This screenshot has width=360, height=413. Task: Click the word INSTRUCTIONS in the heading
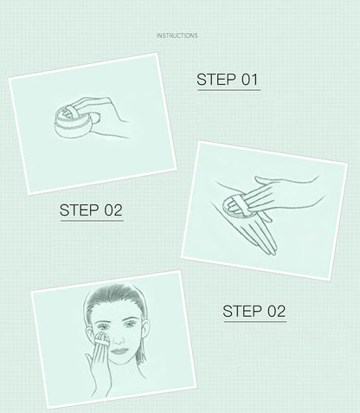point(177,35)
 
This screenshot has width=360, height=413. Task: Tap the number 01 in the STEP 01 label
point(249,80)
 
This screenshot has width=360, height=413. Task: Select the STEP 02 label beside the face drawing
point(254,311)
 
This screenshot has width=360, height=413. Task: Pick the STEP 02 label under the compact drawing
point(91,210)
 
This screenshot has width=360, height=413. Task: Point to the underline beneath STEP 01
point(229,90)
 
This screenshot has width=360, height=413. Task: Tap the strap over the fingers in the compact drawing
point(70,112)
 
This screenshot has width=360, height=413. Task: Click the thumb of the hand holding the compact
point(95,118)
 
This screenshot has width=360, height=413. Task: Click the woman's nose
point(118,339)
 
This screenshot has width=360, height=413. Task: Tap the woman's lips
point(119,352)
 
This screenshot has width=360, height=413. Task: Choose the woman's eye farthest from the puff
point(130,325)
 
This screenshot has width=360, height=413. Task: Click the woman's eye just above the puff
point(103,326)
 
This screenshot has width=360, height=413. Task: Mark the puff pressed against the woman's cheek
point(101,341)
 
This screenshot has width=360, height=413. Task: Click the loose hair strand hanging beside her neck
point(141,354)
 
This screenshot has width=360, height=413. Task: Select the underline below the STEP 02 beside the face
point(255,321)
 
